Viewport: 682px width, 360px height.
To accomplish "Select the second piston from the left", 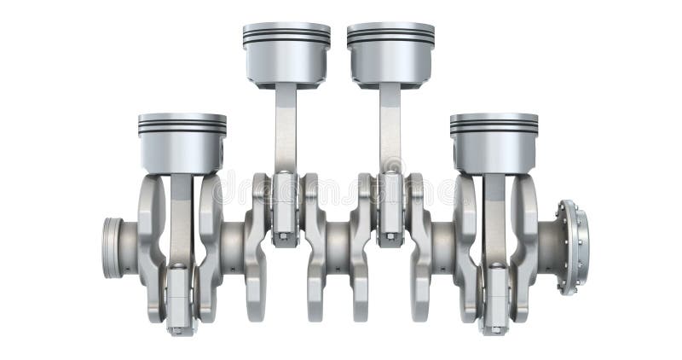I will coord(286,55).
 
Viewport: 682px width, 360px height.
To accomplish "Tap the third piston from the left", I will coord(390,55).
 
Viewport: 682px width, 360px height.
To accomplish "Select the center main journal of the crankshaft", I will coord(338,247).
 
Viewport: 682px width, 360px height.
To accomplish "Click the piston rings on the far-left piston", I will coord(182,126).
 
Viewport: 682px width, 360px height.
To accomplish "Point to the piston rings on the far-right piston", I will coord(494,126).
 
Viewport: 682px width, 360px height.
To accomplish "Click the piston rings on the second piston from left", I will coord(286,35).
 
